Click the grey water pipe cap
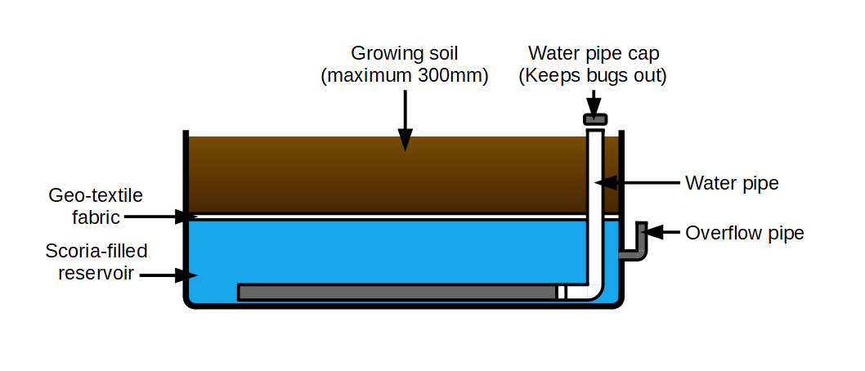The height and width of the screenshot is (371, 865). coord(594,119)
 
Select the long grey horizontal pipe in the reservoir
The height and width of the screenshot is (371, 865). coord(397,293)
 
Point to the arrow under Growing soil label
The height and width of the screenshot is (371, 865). coord(405,120)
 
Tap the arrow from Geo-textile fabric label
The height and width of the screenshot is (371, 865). coord(160,217)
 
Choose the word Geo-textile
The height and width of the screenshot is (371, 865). coord(96,195)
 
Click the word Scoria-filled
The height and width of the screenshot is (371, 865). coord(96,252)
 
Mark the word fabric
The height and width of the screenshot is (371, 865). coord(96,217)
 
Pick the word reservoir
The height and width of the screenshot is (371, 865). coord(96,273)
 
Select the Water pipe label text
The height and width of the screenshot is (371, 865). coord(732,183)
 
